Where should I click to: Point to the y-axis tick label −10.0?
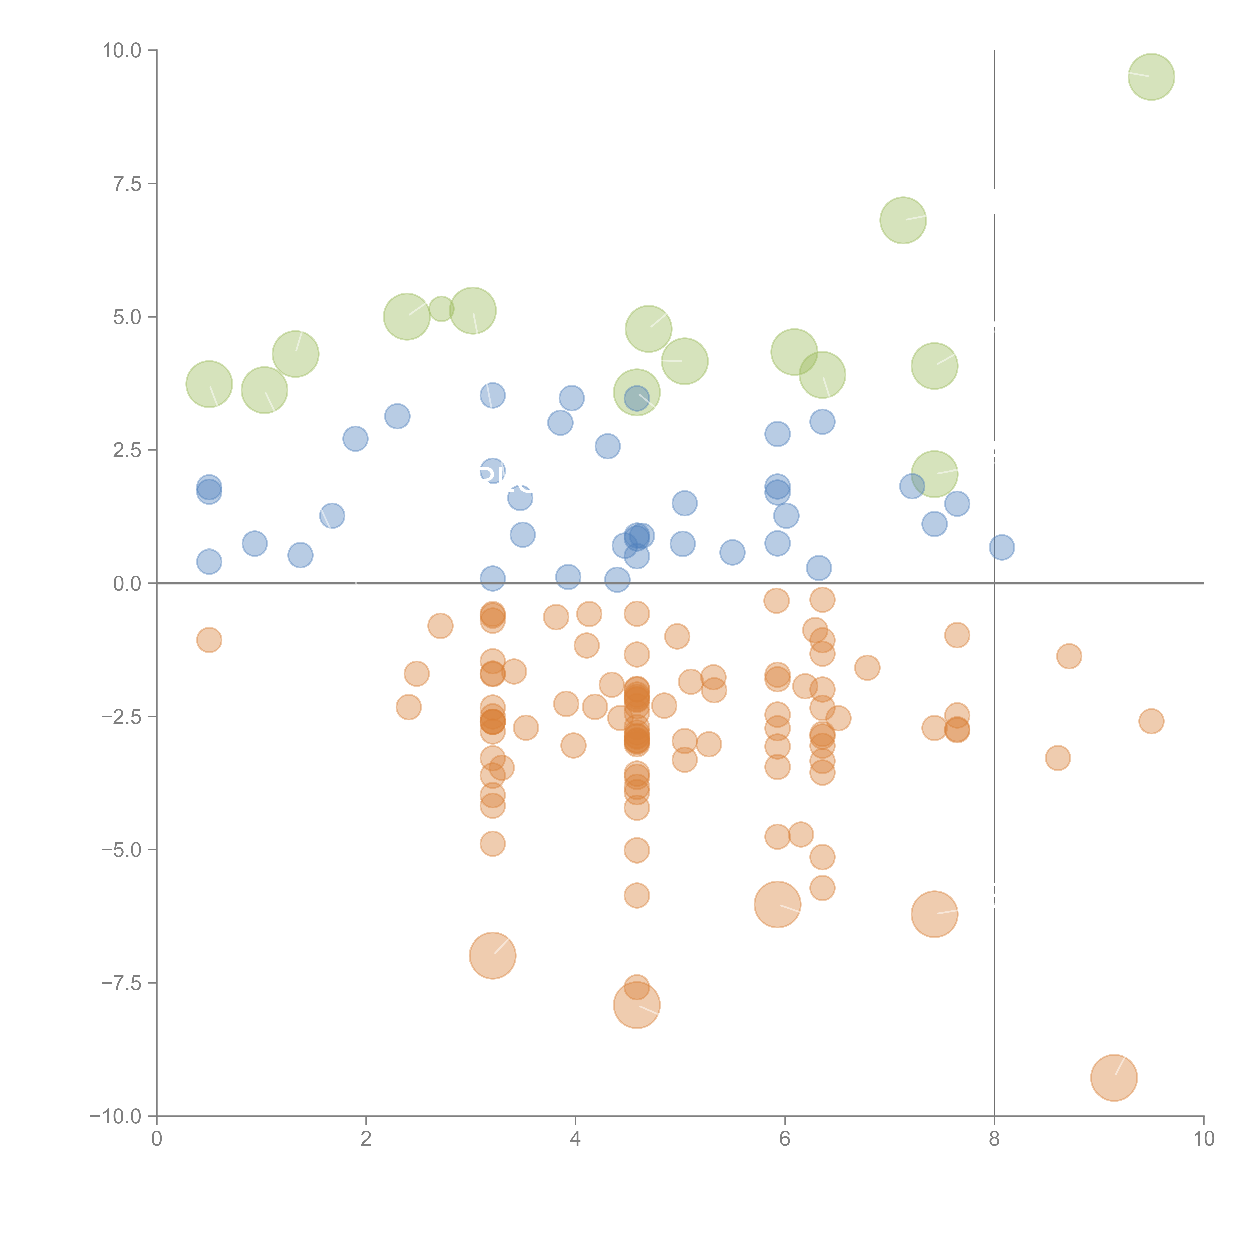[116, 1116]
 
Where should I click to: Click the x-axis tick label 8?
[994, 1139]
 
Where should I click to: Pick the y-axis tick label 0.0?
[127, 584]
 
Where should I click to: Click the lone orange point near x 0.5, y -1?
[209, 640]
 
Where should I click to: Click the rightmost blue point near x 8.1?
[1001, 547]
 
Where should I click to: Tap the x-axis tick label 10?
[1203, 1139]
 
